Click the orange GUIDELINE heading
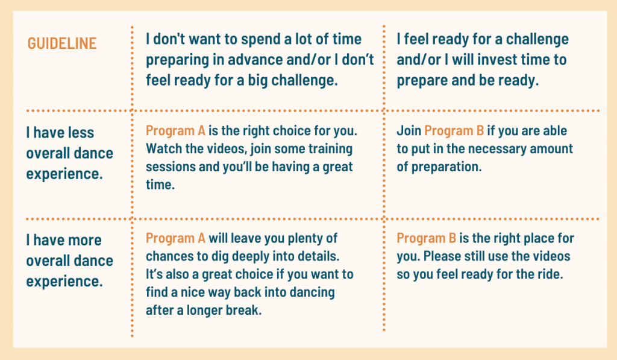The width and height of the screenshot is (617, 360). (62, 43)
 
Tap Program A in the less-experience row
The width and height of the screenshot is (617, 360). (175, 131)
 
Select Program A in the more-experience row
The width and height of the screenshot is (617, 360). (175, 238)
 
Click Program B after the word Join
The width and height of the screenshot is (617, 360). (454, 131)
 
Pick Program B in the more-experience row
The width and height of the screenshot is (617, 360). (426, 238)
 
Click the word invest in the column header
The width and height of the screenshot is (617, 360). (496, 60)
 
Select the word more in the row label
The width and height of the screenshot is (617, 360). (83, 240)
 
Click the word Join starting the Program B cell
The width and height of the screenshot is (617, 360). (409, 131)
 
